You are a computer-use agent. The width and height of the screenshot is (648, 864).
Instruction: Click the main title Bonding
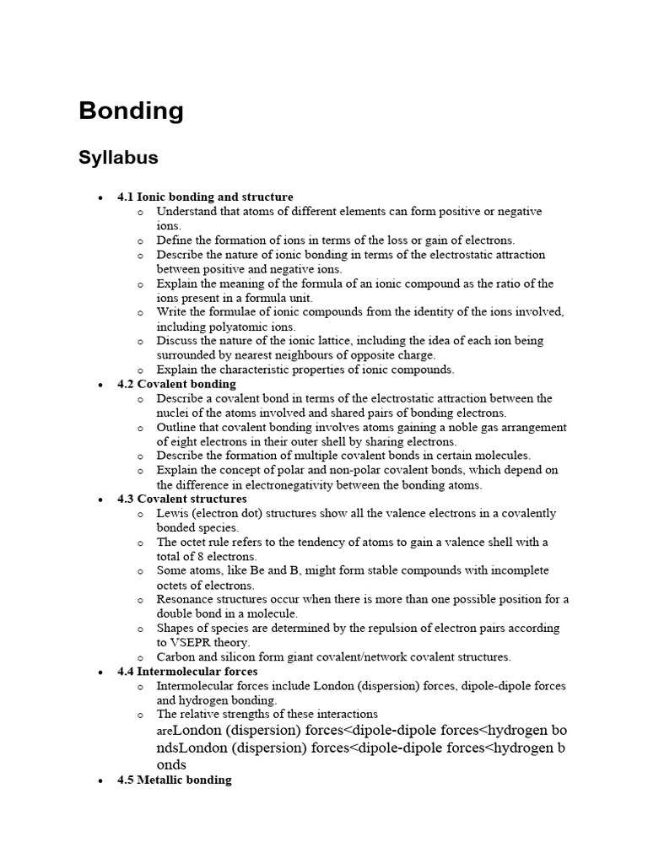[131, 111]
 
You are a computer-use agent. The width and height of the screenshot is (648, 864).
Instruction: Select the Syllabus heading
[118, 158]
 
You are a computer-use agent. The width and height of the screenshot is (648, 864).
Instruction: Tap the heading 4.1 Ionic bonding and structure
[205, 197]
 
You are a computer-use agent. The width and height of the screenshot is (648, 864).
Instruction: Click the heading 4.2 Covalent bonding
[176, 384]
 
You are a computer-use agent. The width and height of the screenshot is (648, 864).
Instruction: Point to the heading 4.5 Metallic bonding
[174, 780]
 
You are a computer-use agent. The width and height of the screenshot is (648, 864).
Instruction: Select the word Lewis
[171, 513]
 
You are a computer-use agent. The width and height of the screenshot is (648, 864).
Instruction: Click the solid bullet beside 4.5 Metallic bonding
[100, 780]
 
